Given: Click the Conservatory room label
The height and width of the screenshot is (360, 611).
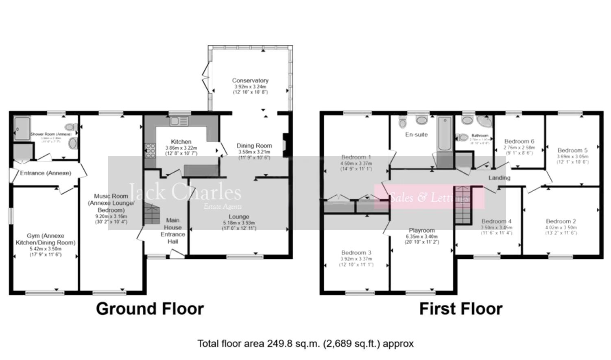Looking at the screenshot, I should [250, 81].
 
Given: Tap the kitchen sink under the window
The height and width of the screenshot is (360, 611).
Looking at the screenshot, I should [179, 121].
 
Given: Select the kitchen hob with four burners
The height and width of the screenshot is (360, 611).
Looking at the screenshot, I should [150, 151].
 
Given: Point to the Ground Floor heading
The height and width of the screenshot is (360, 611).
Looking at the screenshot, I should [150, 309].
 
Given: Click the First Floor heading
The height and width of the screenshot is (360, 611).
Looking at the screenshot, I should [460, 309].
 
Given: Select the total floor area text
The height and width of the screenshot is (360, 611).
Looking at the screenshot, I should [305, 344].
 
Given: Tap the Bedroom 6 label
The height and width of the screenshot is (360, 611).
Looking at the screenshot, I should [519, 142].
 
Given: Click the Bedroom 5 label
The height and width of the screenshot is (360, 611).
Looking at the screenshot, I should [572, 150].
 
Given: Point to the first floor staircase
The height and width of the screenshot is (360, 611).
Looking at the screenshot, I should [463, 205].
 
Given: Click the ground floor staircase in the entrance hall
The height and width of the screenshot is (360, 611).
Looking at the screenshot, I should [152, 214].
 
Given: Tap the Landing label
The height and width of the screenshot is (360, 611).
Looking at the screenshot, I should [499, 178].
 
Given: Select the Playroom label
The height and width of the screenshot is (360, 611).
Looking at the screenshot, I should [421, 230].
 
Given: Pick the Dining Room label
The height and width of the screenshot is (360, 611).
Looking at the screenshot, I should [254, 146].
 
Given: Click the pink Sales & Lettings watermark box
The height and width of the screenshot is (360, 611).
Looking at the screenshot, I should [429, 197].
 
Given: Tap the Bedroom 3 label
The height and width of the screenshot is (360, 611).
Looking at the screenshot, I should [356, 253].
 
